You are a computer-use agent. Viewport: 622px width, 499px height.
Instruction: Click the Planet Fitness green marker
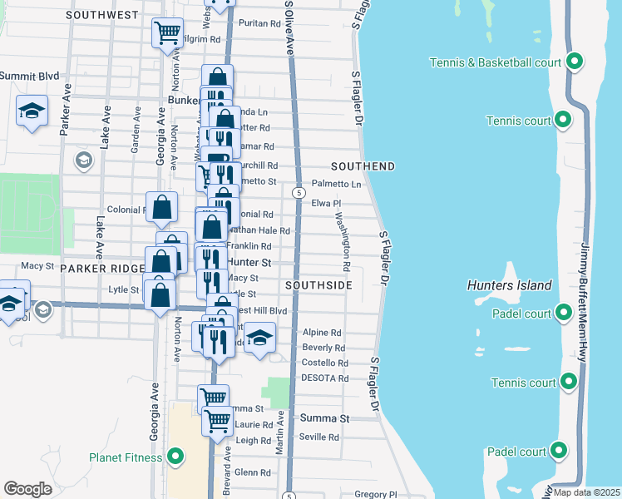point(175,456)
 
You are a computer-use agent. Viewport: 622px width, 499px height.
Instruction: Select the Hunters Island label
point(510,285)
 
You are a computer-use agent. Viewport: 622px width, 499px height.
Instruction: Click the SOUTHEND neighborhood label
point(363,166)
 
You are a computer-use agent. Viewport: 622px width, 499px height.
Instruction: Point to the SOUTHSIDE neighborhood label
point(318,285)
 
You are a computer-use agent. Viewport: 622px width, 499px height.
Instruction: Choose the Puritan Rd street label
point(259,24)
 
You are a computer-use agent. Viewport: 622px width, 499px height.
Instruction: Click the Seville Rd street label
point(319,437)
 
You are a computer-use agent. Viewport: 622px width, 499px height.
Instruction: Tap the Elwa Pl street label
point(327,203)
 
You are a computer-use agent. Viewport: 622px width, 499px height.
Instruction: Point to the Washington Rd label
point(343,244)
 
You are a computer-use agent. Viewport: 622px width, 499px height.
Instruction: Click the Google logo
point(27,489)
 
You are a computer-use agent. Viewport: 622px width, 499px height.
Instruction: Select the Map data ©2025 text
point(586,492)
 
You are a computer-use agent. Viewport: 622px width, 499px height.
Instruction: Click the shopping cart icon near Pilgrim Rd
point(167,33)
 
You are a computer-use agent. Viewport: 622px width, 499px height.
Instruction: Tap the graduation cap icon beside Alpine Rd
point(259,338)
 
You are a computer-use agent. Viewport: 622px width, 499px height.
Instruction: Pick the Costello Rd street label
point(324,363)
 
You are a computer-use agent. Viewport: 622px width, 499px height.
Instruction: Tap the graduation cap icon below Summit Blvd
point(32,111)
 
